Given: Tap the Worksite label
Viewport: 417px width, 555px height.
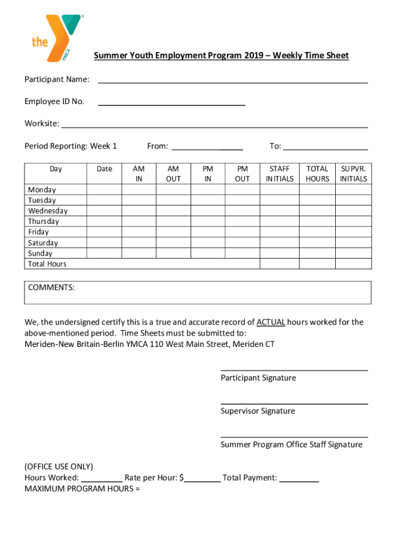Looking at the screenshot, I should tap(42, 124).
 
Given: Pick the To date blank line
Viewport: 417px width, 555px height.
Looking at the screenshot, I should tap(325, 147).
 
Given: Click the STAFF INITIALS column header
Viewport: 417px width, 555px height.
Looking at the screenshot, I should tap(279, 174).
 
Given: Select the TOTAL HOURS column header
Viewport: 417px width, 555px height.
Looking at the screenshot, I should tap(317, 174).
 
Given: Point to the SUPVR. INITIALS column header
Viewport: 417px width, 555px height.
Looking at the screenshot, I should tap(353, 174).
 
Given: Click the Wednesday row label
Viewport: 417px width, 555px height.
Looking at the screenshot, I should tap(48, 211).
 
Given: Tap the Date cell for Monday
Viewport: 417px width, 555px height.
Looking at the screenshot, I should tap(104, 190).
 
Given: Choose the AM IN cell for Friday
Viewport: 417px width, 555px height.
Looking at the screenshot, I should tap(139, 232).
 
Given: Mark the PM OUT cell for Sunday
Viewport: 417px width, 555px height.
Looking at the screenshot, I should tap(242, 253).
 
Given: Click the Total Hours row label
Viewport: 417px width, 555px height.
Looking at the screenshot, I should tap(47, 264).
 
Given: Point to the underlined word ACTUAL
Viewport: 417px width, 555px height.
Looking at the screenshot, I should tap(270, 322).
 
